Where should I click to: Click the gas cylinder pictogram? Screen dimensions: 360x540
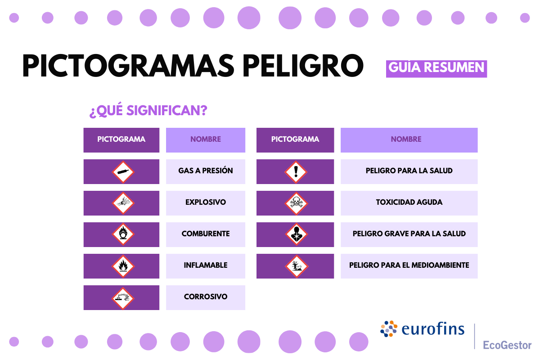pyautogui.click(x=123, y=172)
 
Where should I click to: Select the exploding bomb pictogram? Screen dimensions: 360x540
pyautogui.click(x=123, y=203)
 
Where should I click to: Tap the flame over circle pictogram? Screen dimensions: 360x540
pyautogui.click(x=123, y=234)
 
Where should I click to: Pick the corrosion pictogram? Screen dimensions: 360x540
pyautogui.click(x=123, y=297)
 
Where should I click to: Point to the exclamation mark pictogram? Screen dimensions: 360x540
pyautogui.click(x=296, y=172)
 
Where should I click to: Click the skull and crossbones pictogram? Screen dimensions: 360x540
pyautogui.click(x=296, y=203)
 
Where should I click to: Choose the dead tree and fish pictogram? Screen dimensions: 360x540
pyautogui.click(x=296, y=266)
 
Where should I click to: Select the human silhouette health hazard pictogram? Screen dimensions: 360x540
pyautogui.click(x=296, y=234)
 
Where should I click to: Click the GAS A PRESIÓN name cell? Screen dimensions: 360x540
pyautogui.click(x=206, y=171)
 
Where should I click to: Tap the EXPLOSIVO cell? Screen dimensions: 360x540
pyautogui.click(x=206, y=202)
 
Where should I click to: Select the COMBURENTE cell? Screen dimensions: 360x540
pyautogui.click(x=206, y=234)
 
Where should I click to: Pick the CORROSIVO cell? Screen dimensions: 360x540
pyautogui.click(x=206, y=297)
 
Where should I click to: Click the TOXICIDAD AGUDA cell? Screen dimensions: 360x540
pyautogui.click(x=409, y=202)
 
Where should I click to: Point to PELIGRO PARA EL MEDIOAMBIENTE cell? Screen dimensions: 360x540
pyautogui.click(x=409, y=265)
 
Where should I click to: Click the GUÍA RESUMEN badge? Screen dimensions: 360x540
pyautogui.click(x=436, y=67)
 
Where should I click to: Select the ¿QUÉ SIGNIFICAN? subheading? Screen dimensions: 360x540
pyautogui.click(x=148, y=111)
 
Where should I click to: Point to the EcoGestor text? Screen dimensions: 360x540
pyautogui.click(x=507, y=345)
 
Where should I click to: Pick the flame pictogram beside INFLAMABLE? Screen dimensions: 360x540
pyautogui.click(x=123, y=266)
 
